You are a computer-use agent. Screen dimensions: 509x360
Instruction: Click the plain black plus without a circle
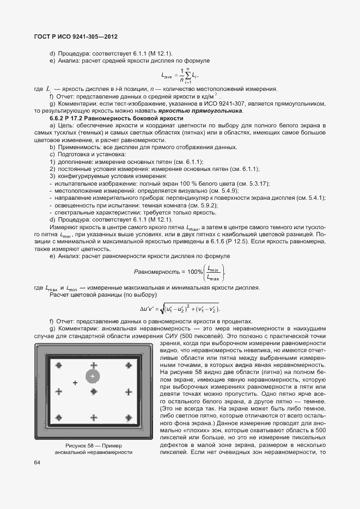[75, 383]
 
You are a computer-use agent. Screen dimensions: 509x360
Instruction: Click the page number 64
[37, 463]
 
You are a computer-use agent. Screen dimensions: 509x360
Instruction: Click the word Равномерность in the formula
[157, 271]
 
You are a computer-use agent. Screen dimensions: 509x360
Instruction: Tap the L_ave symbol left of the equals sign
[168, 75]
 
